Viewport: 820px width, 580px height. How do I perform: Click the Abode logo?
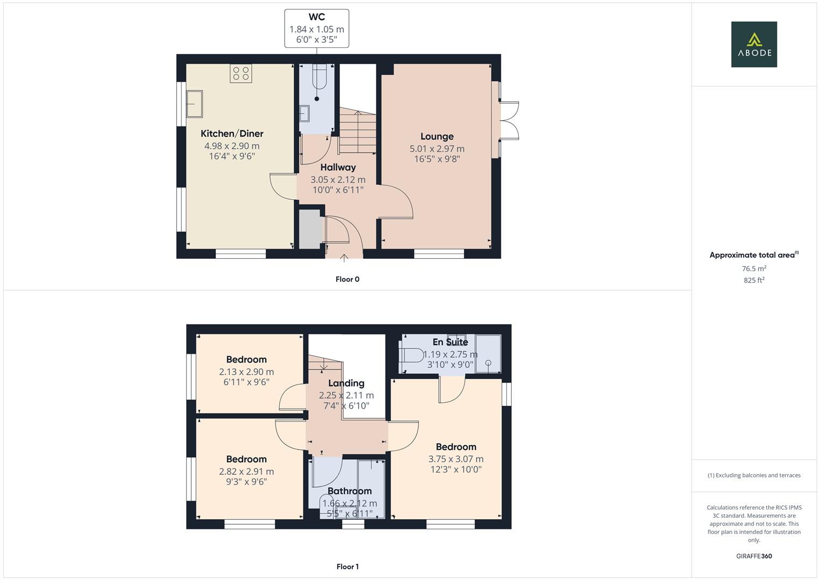tap(753, 45)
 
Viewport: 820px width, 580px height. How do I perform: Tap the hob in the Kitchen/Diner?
tap(241, 74)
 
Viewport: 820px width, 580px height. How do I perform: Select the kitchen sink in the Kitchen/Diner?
tap(194, 104)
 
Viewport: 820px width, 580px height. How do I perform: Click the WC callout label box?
tap(316, 28)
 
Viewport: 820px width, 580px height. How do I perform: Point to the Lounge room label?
tap(437, 136)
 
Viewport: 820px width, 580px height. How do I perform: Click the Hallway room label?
tap(338, 167)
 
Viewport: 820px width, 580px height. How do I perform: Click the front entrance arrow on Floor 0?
tap(344, 258)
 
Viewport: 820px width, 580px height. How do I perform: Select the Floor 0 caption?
tap(347, 279)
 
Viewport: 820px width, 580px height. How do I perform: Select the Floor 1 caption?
tap(347, 567)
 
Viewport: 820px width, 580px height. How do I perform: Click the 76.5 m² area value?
tap(753, 269)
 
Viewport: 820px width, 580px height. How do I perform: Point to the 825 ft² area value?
tap(753, 280)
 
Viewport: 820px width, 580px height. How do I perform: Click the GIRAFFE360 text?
tap(753, 556)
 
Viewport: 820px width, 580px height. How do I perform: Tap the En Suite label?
tap(450, 342)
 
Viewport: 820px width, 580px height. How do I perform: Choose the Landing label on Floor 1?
tap(346, 383)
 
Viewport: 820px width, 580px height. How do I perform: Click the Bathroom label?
tap(349, 491)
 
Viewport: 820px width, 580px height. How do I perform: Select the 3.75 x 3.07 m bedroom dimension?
tap(455, 459)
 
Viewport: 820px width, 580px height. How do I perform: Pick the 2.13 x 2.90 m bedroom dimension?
tap(246, 372)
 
